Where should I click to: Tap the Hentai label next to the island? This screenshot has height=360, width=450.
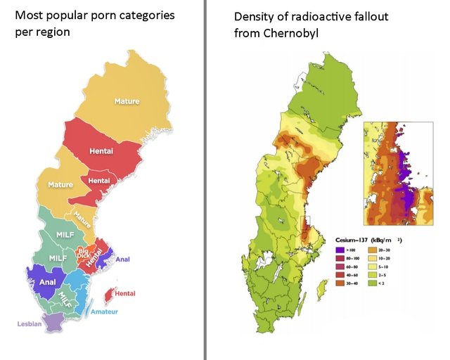pos(125,293)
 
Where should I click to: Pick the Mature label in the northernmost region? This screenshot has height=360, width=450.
pos(127,101)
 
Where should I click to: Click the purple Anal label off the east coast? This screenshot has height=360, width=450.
pos(122,259)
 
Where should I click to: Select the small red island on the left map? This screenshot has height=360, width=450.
pos(109,294)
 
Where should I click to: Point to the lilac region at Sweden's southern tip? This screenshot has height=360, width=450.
pos(51,322)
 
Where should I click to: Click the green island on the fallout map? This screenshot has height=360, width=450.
pos(323,288)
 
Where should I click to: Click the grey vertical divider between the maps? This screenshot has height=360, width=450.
pos(205,180)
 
